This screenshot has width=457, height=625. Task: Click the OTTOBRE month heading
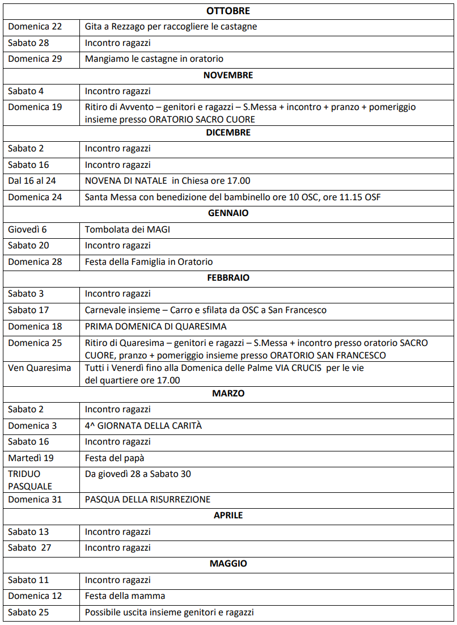coord(228,11)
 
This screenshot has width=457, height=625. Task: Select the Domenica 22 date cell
coord(35,27)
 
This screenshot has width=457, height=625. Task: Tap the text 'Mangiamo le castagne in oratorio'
coord(154,59)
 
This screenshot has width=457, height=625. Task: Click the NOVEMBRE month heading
coord(228,75)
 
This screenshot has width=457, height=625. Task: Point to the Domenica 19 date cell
coord(35,107)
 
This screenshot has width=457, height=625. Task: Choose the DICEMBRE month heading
coord(228,133)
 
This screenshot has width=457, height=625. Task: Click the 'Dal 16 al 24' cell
coord(32,181)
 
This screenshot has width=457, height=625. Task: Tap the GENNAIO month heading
coord(228,213)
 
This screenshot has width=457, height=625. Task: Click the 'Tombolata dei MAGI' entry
coord(127,229)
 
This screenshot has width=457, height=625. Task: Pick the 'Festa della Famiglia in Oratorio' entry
coord(149,261)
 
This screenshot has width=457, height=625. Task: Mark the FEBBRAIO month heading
coord(228,278)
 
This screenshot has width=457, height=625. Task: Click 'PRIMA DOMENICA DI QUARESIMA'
coord(155,326)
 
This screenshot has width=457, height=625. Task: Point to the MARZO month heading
coord(228,393)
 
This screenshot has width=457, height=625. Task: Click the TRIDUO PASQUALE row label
coord(30,479)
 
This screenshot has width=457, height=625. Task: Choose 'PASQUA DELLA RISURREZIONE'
coord(147,499)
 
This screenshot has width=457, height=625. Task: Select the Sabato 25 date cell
coord(28,612)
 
